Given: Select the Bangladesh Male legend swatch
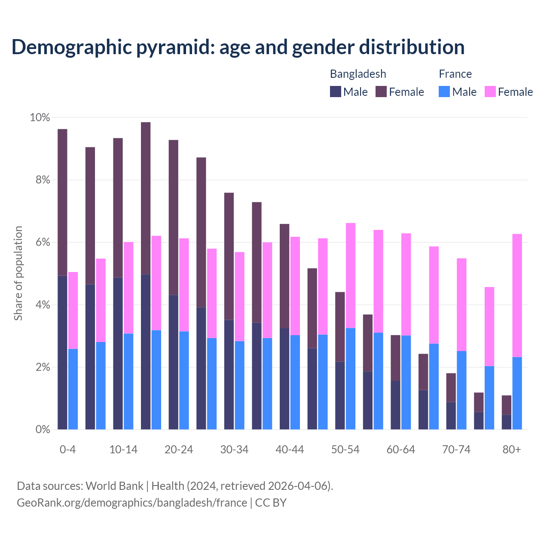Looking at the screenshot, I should pos(336,92).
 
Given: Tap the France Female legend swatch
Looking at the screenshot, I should pos(490,92).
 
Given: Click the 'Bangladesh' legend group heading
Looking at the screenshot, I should pos(358,74).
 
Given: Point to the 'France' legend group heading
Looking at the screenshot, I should pos(455,74).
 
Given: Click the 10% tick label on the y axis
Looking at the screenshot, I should pos(40,117).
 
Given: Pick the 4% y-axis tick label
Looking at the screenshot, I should pos(43,305).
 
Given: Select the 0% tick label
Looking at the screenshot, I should pos(43,429).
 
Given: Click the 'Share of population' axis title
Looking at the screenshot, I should pos(18,273).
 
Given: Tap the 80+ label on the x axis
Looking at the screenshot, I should pos(512,449).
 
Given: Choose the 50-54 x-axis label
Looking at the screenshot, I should pos(345,449).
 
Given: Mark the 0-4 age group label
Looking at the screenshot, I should pos(68,449).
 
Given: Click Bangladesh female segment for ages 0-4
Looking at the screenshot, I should pos(62,202).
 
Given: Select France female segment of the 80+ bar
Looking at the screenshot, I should pos(517,296).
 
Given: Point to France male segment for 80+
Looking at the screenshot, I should pos(517,393).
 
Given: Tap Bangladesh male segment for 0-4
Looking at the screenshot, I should pos(62,352).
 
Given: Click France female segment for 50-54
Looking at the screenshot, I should pos(351,275).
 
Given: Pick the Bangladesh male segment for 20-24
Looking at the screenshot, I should pos(174,362).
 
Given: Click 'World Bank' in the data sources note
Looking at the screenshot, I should pos(114,486).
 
